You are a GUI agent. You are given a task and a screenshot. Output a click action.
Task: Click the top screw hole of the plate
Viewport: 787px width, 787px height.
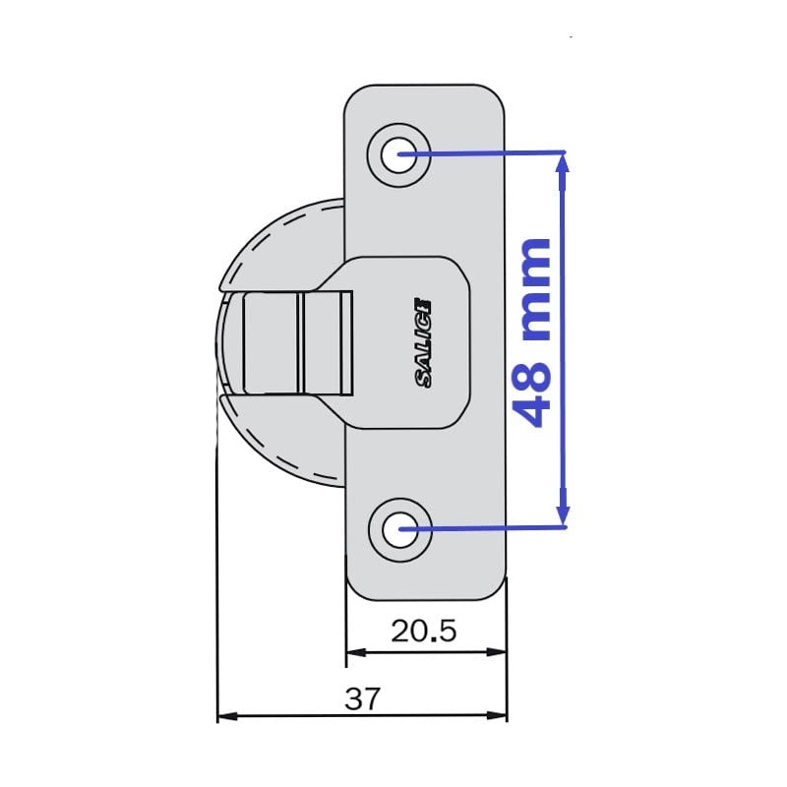pos(399,154)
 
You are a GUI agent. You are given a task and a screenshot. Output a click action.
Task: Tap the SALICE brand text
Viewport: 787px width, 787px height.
pos(424,341)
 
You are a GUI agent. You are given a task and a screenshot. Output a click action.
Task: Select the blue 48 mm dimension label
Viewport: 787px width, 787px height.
pos(533,333)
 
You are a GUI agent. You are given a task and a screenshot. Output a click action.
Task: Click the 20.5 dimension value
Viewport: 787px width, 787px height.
pos(423,631)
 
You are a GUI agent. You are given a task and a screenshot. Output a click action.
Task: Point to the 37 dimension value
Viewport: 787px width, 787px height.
pos(362,699)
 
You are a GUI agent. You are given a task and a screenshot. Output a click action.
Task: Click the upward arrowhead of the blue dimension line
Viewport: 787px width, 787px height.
pos(563,163)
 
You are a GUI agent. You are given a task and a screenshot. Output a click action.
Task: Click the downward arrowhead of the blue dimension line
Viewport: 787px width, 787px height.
pos(563,515)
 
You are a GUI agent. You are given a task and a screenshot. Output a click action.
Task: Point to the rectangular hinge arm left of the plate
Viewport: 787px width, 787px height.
pos(295,342)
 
